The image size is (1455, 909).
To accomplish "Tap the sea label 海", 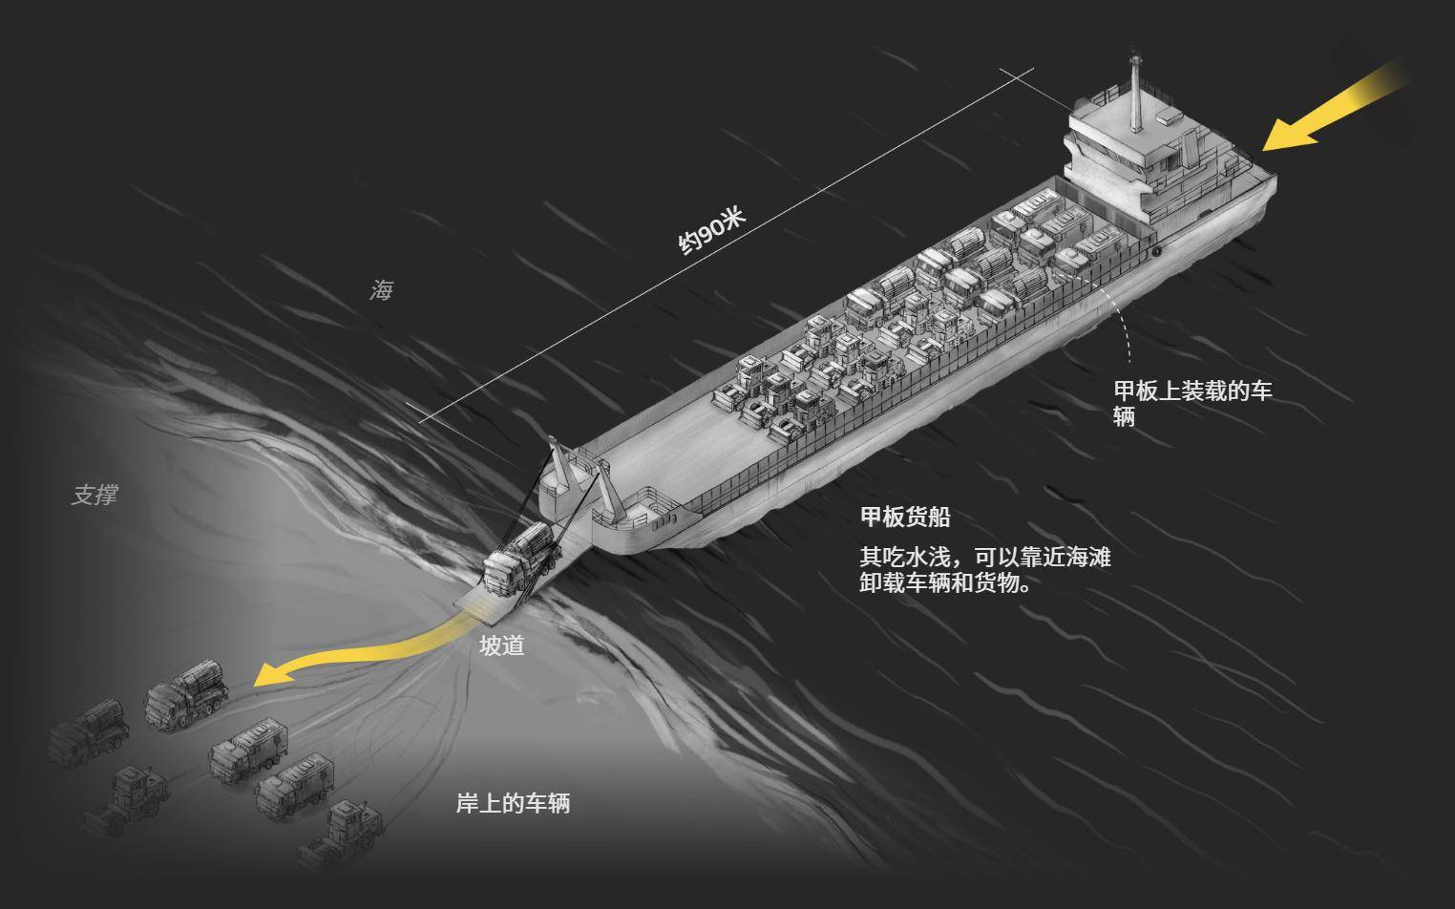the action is tap(381, 290).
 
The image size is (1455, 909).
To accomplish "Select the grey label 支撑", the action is tap(95, 496).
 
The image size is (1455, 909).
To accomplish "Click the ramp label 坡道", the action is tap(501, 645).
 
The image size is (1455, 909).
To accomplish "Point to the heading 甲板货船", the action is tap(905, 518).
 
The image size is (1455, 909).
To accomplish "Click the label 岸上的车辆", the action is tap(513, 804).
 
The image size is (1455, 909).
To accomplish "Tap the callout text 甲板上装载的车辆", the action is tap(1192, 404).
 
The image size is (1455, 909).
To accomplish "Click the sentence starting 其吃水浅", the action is tap(984, 570).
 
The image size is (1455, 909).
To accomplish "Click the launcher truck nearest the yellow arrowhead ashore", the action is tap(186, 693).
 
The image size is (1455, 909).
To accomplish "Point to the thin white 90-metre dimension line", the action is tap(727, 245).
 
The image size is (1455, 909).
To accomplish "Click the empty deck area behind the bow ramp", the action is tap(669, 449).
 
